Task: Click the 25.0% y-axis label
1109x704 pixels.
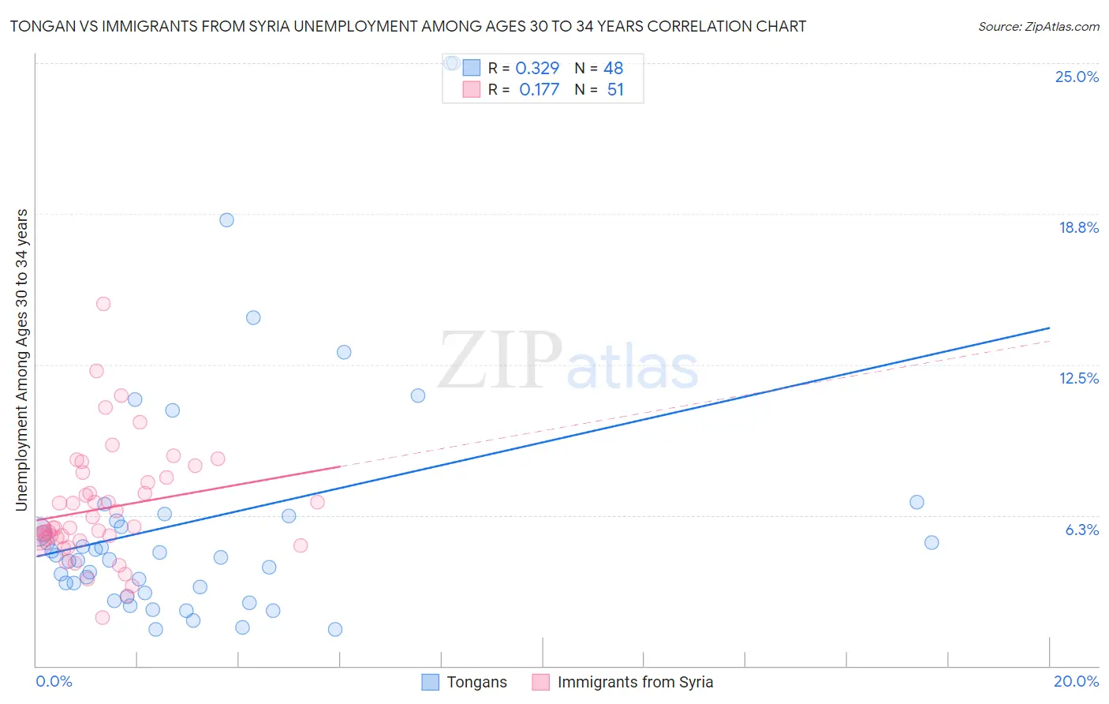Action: click(x=1077, y=77)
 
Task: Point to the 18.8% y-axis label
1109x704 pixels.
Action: click(x=1078, y=227)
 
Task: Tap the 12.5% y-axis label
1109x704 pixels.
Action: click(x=1078, y=378)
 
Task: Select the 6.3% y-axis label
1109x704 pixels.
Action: click(x=1081, y=530)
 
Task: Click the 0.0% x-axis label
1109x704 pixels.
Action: click(x=54, y=681)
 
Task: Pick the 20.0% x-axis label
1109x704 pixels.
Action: click(x=1076, y=681)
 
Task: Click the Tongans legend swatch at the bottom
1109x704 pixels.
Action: click(x=430, y=682)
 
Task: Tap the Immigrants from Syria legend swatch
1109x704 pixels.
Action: click(x=540, y=682)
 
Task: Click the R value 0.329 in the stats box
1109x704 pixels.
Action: click(x=537, y=69)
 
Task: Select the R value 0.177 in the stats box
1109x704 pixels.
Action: click(x=539, y=90)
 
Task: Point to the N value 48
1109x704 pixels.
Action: click(x=613, y=69)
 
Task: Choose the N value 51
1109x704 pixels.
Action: click(x=615, y=90)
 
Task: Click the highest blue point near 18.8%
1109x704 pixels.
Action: click(x=226, y=220)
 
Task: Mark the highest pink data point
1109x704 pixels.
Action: click(x=103, y=304)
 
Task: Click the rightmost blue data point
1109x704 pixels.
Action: click(x=932, y=542)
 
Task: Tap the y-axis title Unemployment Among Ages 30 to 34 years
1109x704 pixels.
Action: click(x=22, y=360)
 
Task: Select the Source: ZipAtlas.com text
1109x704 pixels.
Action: click(x=1038, y=26)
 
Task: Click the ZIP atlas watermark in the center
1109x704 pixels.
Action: click(x=568, y=361)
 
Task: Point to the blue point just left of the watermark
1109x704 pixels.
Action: click(x=418, y=395)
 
